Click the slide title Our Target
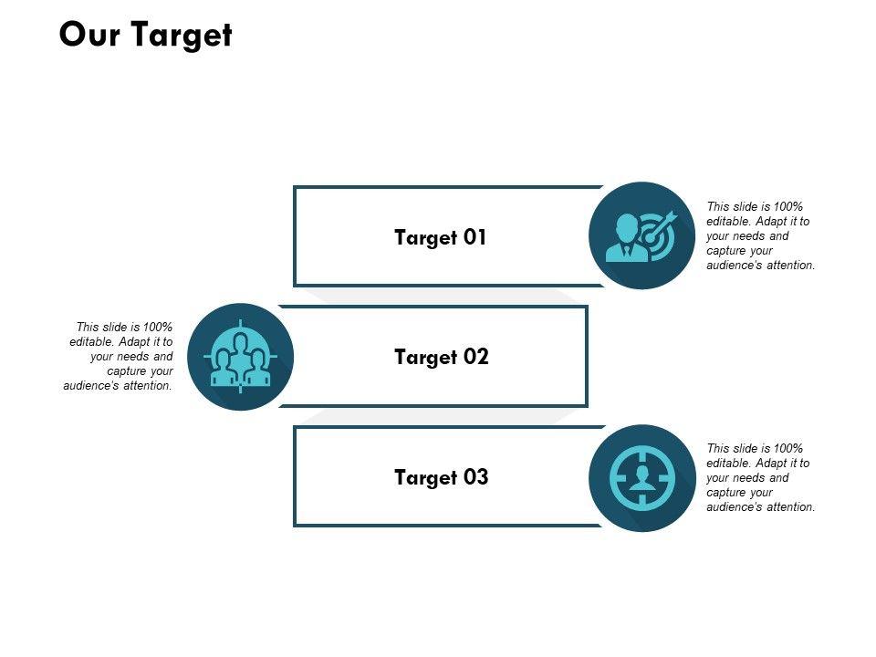tap(145, 35)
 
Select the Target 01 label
tap(441, 237)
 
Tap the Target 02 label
tap(442, 357)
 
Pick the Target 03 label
tap(442, 477)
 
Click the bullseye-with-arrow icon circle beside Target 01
tap(642, 235)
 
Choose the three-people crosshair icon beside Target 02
tap(241, 357)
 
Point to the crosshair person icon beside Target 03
tap(642, 477)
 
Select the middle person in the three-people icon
tap(241, 351)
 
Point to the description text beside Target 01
tap(760, 236)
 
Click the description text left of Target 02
tap(119, 357)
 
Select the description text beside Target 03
tap(760, 477)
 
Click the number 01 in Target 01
tap(474, 237)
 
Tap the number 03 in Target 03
tap(475, 477)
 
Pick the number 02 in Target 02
tap(475, 357)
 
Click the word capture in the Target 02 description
tap(127, 371)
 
